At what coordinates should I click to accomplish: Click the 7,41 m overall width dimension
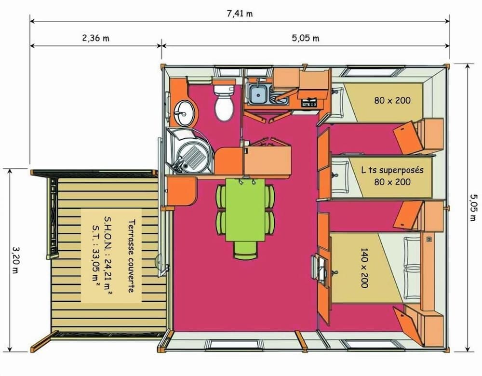240,13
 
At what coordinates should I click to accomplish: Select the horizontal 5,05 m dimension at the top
306,38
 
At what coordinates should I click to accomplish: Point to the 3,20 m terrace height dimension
15,259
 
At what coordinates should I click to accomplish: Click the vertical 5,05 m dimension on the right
473,207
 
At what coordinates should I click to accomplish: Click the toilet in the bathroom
223,103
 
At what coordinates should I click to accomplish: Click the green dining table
246,210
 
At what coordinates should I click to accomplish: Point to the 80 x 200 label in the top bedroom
392,100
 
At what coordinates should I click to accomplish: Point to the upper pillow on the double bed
412,252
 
